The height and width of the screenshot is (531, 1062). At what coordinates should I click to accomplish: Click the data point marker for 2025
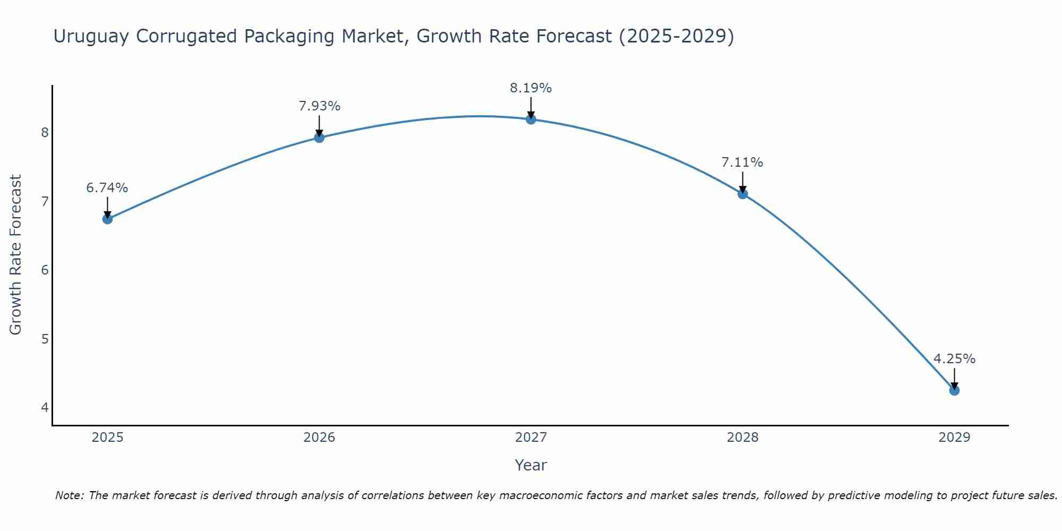pyautogui.click(x=107, y=219)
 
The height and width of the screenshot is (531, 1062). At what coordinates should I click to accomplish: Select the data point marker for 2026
pyautogui.click(x=319, y=138)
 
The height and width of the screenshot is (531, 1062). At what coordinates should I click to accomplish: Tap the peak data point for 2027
pyautogui.click(x=531, y=119)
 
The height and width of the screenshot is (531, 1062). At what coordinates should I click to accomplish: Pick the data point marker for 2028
pyautogui.click(x=742, y=194)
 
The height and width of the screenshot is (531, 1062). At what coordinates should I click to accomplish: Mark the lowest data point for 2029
pyautogui.click(x=954, y=390)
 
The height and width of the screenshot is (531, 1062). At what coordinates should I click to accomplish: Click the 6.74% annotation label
pyautogui.click(x=107, y=188)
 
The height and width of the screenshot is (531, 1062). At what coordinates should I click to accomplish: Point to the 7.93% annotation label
pyautogui.click(x=319, y=106)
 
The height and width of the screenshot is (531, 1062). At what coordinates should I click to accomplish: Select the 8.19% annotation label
pyautogui.click(x=531, y=88)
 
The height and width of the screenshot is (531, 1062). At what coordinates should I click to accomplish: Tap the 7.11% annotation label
pyautogui.click(x=742, y=162)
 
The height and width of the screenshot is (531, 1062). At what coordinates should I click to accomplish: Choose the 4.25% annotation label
pyautogui.click(x=954, y=359)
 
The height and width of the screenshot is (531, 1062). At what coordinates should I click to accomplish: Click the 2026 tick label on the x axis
pyautogui.click(x=319, y=438)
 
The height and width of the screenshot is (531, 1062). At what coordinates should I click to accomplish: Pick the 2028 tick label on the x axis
pyautogui.click(x=742, y=438)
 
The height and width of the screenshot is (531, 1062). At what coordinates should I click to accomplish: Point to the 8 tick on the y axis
pyautogui.click(x=45, y=132)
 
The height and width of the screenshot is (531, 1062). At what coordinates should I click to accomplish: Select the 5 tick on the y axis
pyautogui.click(x=45, y=339)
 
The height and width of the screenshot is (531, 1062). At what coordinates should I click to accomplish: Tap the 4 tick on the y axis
pyautogui.click(x=45, y=408)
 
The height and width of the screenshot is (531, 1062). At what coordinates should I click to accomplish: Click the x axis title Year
pyautogui.click(x=531, y=465)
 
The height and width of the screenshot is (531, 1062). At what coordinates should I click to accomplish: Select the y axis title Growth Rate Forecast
pyautogui.click(x=16, y=255)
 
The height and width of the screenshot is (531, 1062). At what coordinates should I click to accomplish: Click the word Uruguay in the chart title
pyautogui.click(x=91, y=37)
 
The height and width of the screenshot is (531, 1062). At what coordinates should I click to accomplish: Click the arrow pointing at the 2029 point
pyautogui.click(x=954, y=378)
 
